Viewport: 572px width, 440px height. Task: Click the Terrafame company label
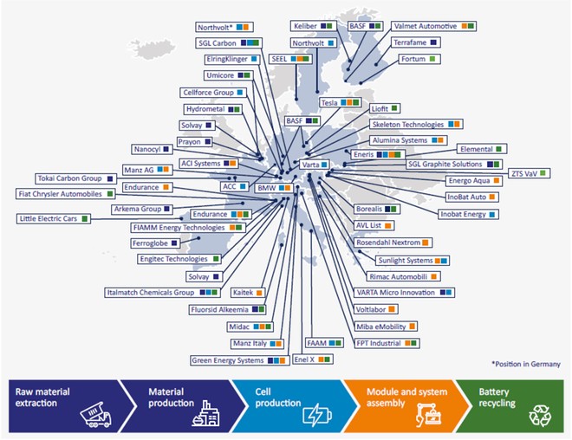point(415,42)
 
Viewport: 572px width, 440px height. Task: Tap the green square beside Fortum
point(432,59)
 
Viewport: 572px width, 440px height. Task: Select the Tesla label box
point(341,103)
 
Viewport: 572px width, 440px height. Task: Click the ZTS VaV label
point(529,173)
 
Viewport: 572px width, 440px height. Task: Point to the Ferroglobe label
point(155,243)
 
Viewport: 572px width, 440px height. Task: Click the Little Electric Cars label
point(54,219)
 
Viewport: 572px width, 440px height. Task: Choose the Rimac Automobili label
point(403,276)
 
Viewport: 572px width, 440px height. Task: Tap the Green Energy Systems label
point(240,360)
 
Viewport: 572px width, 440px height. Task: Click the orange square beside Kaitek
point(259,293)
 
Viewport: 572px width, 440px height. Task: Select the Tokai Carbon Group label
point(76,178)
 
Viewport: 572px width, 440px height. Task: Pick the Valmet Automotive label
point(433,26)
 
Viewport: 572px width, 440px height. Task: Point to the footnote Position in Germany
point(526,364)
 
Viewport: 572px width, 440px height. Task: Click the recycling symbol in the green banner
point(540,415)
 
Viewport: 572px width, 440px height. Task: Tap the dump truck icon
point(95,415)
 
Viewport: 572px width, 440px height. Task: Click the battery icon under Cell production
point(317,415)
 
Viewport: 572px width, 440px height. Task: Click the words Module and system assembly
point(406,398)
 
